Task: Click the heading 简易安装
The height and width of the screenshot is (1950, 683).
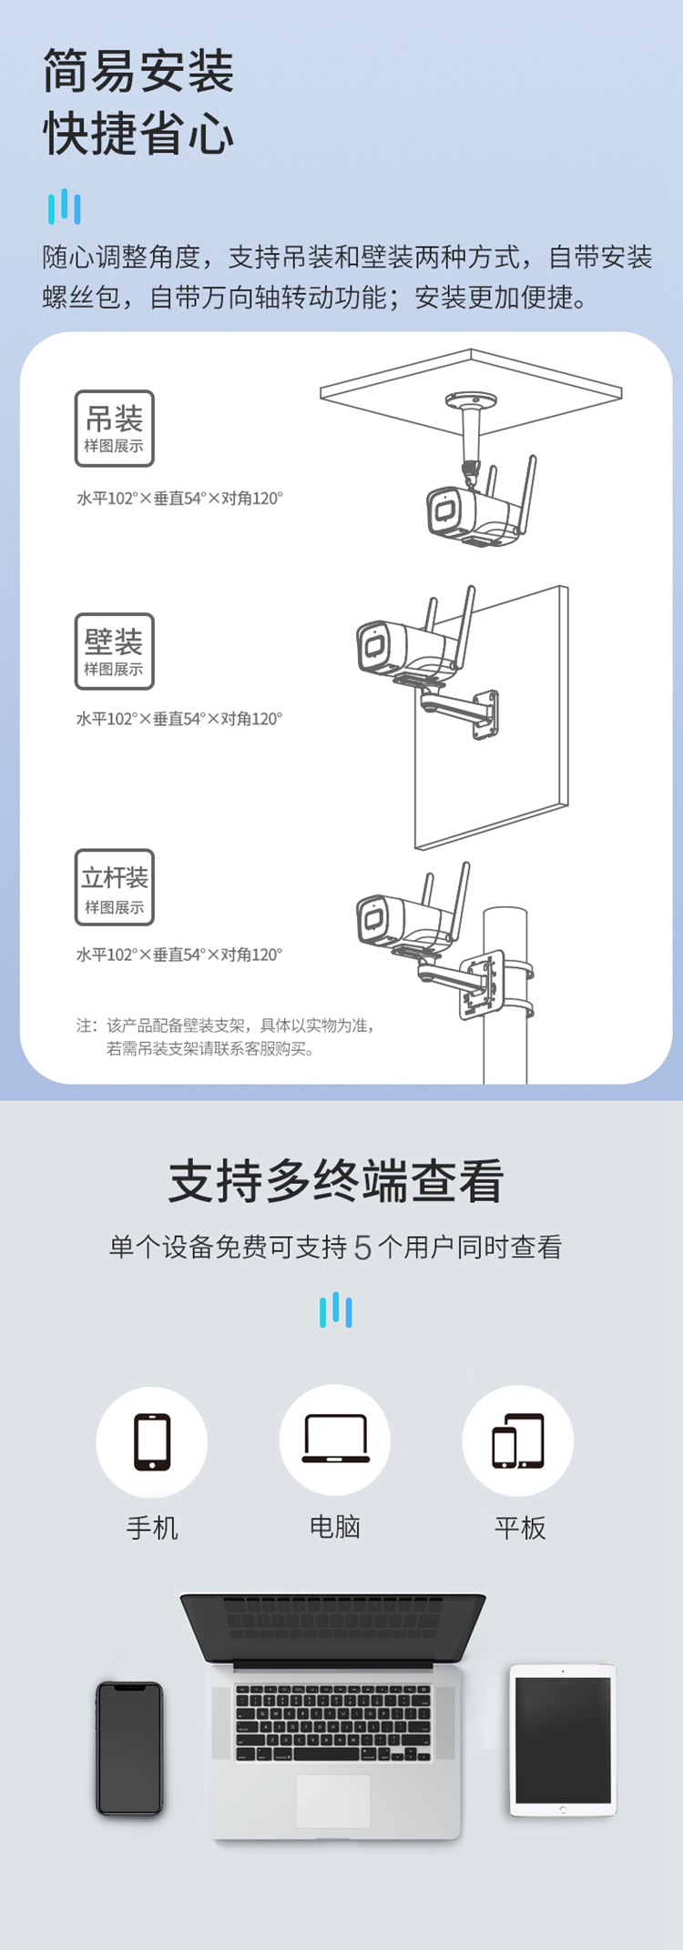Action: tap(138, 71)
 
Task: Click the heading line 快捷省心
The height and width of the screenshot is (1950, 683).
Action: tap(138, 134)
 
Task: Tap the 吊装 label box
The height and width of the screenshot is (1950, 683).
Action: tap(115, 428)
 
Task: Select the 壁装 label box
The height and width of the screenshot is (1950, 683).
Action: tap(115, 651)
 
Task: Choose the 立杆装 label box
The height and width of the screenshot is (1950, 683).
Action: tap(115, 887)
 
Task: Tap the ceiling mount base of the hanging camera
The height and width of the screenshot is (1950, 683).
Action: tap(471, 400)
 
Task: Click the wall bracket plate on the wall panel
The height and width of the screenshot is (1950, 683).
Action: tap(486, 714)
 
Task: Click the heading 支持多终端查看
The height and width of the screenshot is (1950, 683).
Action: tap(336, 1181)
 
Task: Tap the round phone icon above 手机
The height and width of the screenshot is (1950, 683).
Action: tap(152, 1441)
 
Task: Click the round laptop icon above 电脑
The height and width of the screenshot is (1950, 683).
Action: tap(335, 1440)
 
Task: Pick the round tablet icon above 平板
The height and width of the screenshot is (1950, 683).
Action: tap(518, 1441)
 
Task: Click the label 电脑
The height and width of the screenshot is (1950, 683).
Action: tap(335, 1527)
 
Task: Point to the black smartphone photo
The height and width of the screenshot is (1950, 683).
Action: tap(129, 1748)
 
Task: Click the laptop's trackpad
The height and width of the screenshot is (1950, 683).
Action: tap(333, 1800)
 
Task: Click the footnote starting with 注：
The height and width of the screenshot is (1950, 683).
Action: tap(226, 1036)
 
